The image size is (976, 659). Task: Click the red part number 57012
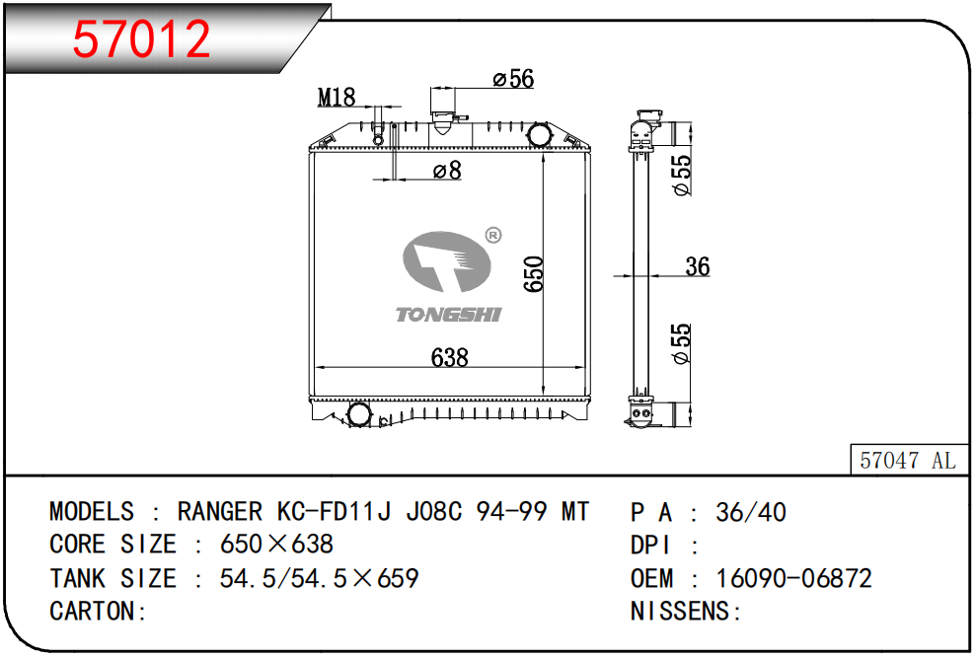(x=143, y=39)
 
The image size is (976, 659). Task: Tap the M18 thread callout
(x=337, y=97)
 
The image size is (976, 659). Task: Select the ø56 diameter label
(x=513, y=79)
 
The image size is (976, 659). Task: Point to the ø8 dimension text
(x=447, y=171)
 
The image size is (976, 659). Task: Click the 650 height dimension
(x=534, y=275)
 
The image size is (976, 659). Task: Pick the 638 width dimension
(x=449, y=357)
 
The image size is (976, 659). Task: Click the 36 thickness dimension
(x=697, y=266)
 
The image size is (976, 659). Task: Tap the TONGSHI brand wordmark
(x=449, y=315)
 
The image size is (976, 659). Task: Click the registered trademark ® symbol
(x=493, y=235)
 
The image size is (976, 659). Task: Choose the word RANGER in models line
(x=219, y=512)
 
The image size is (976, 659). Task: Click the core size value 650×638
(x=276, y=545)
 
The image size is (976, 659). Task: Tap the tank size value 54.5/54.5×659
(x=319, y=578)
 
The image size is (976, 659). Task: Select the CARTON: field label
(x=99, y=612)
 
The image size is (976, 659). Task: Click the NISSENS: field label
(x=686, y=612)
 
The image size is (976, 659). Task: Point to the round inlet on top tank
(x=539, y=133)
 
